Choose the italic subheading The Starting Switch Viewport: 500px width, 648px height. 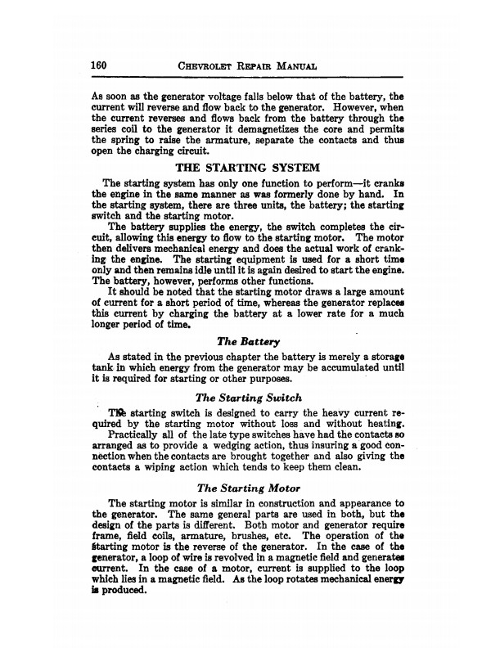click(250, 398)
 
